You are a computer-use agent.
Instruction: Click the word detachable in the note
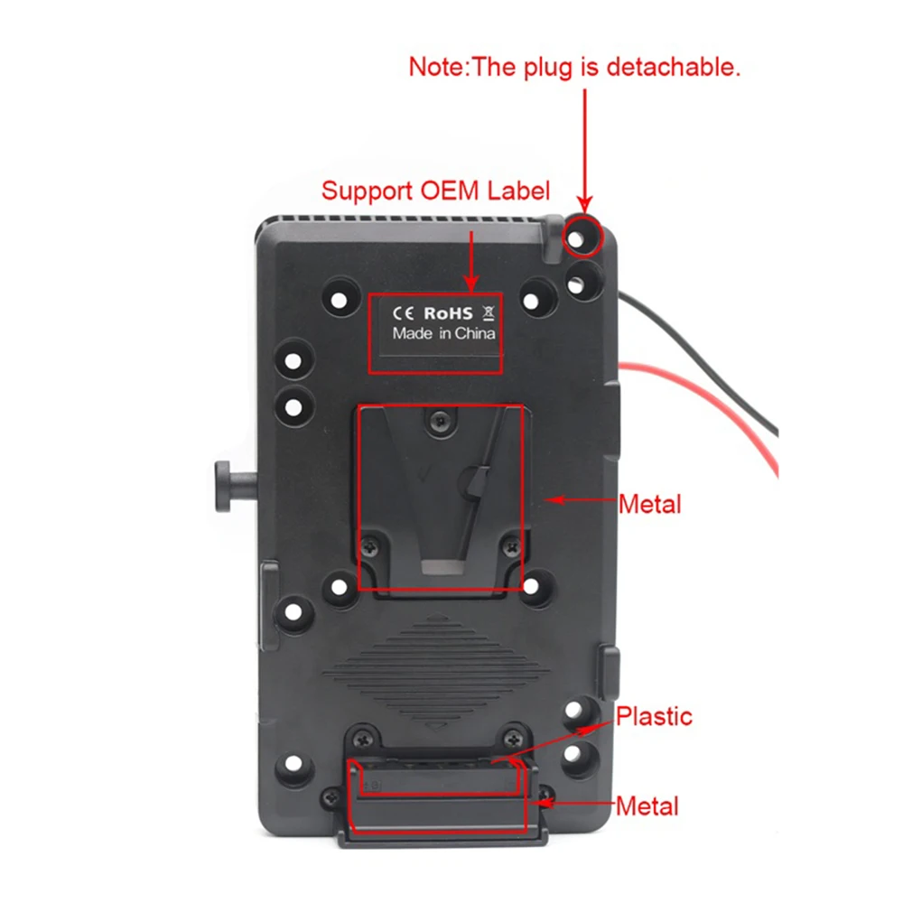pos(674,68)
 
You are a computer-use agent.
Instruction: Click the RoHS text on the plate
pos(448,313)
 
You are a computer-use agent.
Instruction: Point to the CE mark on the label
pos(403,313)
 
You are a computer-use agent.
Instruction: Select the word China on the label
pos(475,333)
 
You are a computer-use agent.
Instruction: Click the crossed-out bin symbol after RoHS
pos(489,312)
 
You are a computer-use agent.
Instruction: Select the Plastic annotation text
pos(654,717)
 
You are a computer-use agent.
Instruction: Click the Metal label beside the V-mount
pos(650,505)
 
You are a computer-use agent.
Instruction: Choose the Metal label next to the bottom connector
pos(647,806)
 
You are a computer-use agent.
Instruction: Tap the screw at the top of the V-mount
pos(441,422)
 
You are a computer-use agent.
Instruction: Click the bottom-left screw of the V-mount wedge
pos(369,545)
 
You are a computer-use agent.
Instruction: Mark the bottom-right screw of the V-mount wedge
pos(511,546)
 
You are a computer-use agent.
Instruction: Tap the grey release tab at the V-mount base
pos(442,567)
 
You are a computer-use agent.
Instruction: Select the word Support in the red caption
pos(367,191)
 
